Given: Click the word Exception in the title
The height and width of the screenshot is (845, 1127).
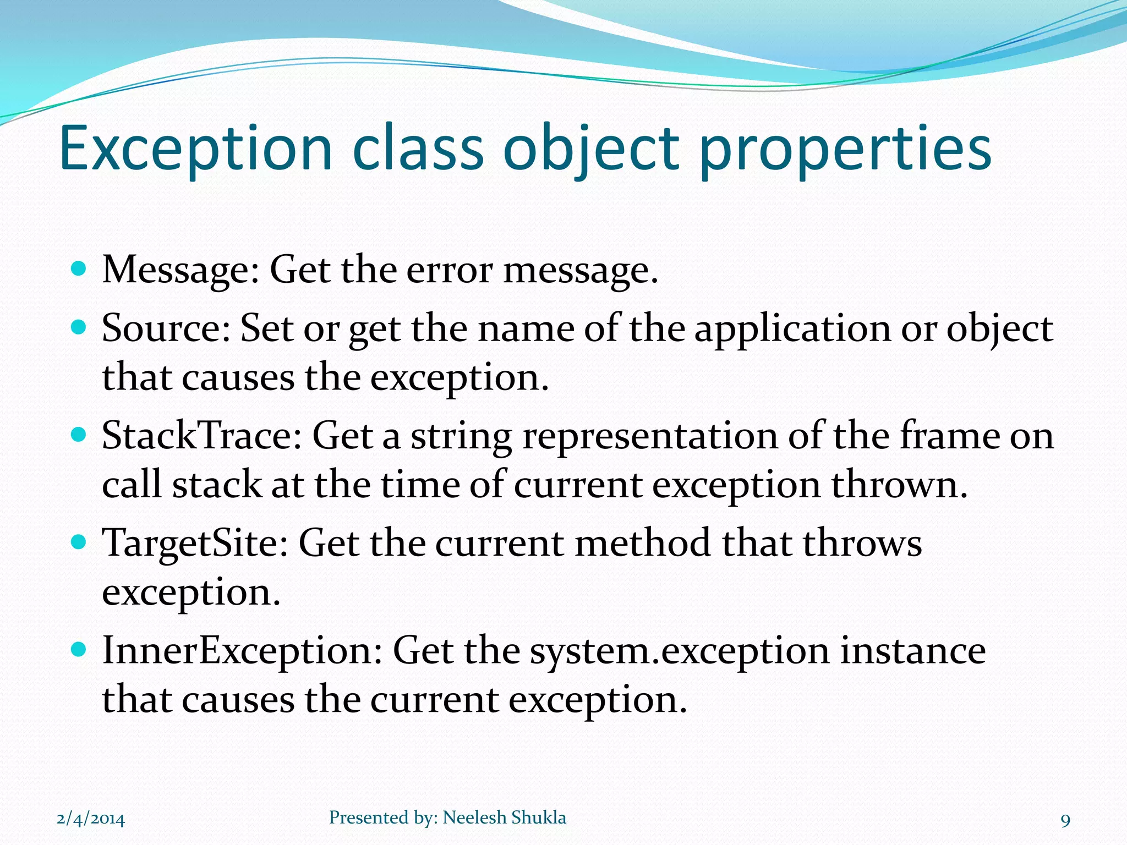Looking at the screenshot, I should click(x=196, y=149).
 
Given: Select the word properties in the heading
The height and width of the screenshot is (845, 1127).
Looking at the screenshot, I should click(x=845, y=150).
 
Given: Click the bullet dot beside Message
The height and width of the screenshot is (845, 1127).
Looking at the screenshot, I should click(x=79, y=268).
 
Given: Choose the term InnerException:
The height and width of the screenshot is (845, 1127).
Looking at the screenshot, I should click(x=242, y=650).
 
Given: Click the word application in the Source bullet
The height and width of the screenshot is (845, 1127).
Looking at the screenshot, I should click(x=792, y=330).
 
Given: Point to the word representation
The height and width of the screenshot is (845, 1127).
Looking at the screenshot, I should click(x=650, y=436).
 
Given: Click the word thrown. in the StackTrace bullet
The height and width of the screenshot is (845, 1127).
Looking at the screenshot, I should click(x=899, y=485).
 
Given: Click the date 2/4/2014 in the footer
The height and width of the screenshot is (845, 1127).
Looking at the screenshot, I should click(x=91, y=819).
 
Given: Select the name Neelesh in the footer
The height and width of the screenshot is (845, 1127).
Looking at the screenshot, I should click(x=474, y=817).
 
